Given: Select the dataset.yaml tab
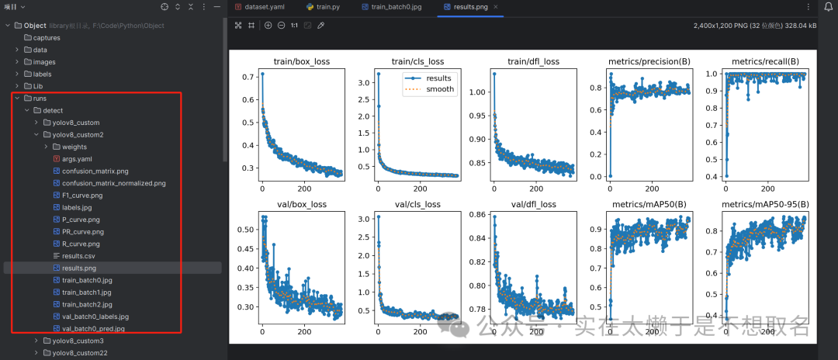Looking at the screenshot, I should point(264,6).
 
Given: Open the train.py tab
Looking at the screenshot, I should point(328,6).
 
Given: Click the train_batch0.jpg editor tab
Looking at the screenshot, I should point(396,6).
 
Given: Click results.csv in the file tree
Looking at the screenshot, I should point(79,255).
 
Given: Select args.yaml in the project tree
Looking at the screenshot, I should point(78,158).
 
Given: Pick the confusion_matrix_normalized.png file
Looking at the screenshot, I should point(113,183).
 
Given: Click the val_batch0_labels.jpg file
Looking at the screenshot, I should point(95,317).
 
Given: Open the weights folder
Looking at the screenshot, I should point(74,147).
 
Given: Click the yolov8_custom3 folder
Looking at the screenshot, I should point(78,341).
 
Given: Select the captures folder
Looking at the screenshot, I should point(47,38).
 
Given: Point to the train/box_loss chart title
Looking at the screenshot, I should point(290,62).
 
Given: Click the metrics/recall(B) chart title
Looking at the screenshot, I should point(765,62).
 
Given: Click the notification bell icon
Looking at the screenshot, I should point(828,7).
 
